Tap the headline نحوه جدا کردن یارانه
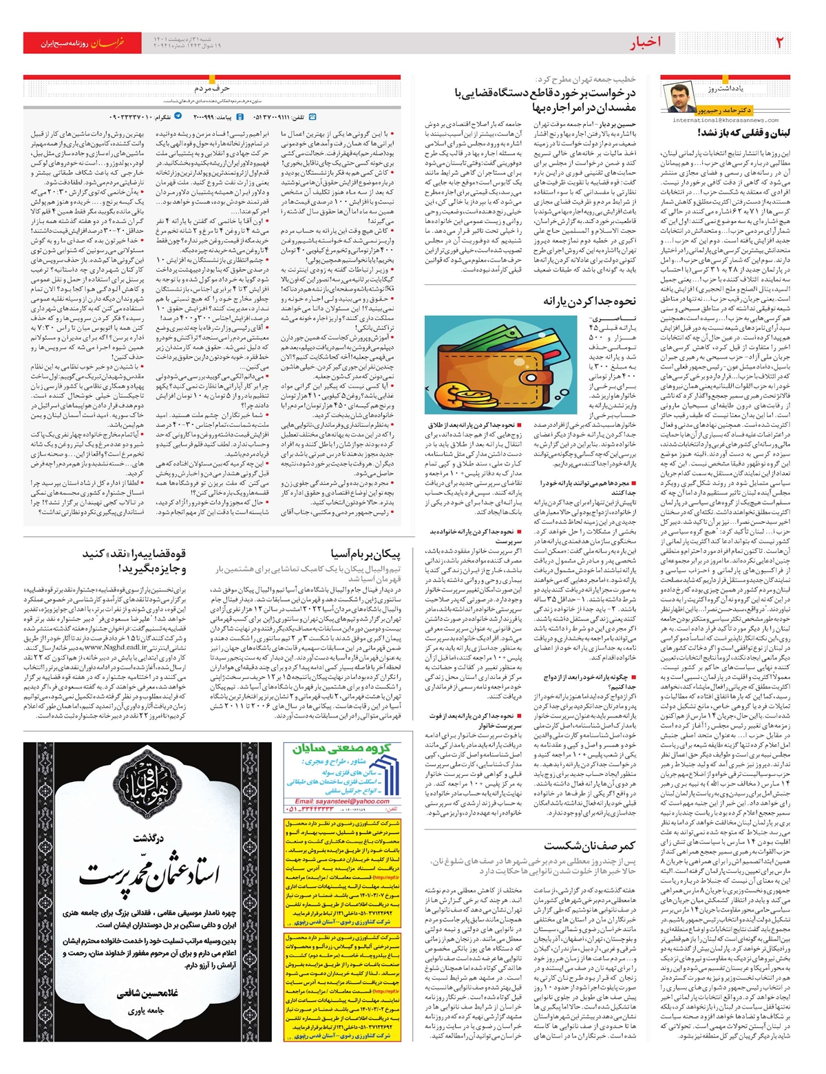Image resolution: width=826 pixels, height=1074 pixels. pos(590,301)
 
